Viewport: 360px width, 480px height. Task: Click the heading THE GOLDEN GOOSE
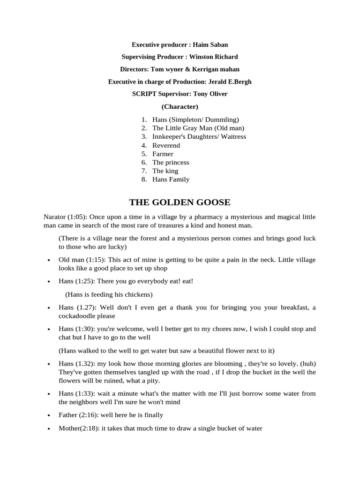180,202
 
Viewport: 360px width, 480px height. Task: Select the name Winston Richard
213,57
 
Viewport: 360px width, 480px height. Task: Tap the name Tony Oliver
211,94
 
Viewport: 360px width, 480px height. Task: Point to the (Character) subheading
180,106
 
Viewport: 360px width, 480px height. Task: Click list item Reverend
166,145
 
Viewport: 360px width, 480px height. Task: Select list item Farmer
163,154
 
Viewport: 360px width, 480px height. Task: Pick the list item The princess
171,162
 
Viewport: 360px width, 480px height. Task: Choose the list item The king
165,171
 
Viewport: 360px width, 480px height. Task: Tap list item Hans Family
171,179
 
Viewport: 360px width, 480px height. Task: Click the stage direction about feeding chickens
109,294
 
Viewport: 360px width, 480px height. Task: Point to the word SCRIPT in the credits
142,94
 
